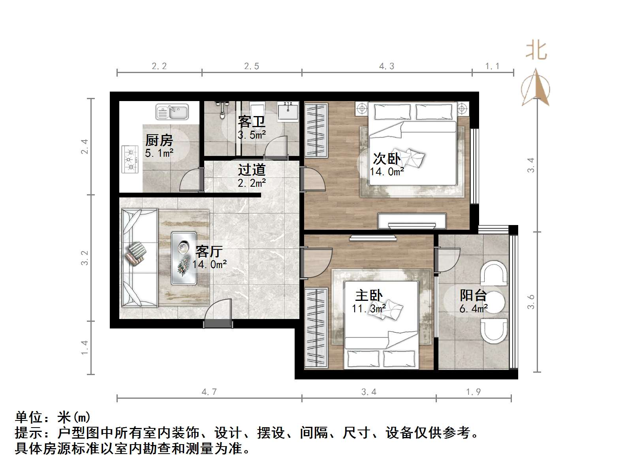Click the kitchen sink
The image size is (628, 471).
click(x=172, y=112)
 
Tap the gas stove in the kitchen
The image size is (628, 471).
click(x=130, y=159)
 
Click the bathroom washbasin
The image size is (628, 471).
click(x=288, y=111)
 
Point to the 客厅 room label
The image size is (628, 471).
click(x=209, y=251)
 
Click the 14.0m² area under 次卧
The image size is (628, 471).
click(x=387, y=172)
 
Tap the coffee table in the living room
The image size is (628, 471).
click(x=184, y=258)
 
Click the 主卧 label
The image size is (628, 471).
click(x=369, y=296)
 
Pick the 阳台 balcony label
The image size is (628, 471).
click(x=473, y=296)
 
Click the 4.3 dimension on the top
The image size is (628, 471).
click(x=387, y=66)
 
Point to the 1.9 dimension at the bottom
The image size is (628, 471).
click(x=473, y=392)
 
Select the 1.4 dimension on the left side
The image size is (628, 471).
click(x=85, y=348)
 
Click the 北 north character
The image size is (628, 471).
click(x=536, y=51)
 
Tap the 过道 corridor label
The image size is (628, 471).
click(x=252, y=170)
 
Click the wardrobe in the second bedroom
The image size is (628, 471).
click(x=316, y=130)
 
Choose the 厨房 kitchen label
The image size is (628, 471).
click(x=159, y=140)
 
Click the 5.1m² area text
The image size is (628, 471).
click(x=159, y=153)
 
